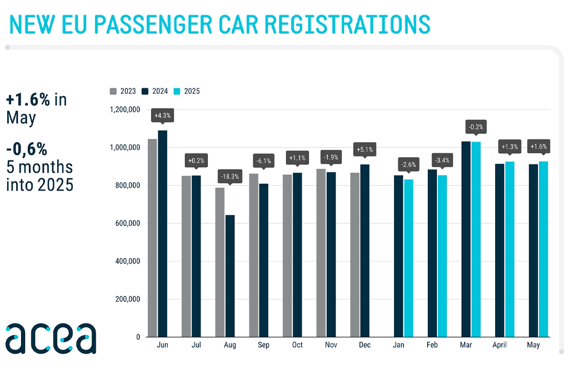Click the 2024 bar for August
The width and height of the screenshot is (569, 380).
coord(229,276)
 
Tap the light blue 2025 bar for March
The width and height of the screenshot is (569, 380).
coord(476,239)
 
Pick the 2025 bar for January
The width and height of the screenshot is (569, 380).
coord(408,258)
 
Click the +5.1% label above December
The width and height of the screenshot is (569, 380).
coord(365,149)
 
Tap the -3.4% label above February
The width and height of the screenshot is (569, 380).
coord(442,161)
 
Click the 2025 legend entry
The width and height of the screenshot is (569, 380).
coord(187,91)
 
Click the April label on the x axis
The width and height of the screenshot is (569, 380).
coord(499,345)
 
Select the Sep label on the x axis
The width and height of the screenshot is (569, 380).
coord(263,345)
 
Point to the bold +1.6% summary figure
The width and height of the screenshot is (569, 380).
coord(28,100)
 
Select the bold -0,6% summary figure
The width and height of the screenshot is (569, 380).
coord(27,149)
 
